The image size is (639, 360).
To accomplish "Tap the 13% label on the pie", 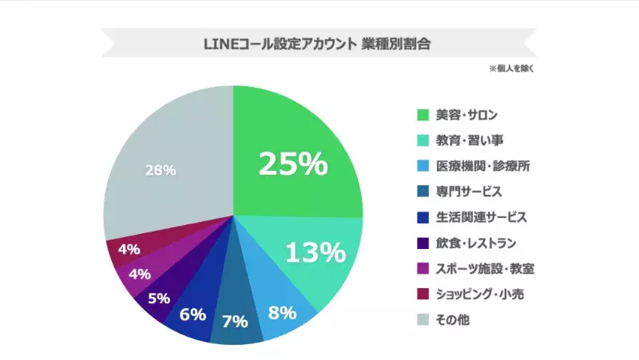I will (x=315, y=253).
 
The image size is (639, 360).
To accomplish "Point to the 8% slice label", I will (x=283, y=312).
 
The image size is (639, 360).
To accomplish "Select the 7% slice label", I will (x=235, y=322).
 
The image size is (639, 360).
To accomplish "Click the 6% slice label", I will (x=192, y=314).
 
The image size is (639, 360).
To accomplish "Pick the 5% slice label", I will (x=158, y=298).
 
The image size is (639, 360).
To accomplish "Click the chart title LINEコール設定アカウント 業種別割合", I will (x=317, y=44).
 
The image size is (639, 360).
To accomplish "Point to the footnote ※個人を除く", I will (x=511, y=69).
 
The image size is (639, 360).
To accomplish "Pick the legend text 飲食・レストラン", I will (x=476, y=243).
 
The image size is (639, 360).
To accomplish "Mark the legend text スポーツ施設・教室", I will (x=482, y=269).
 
